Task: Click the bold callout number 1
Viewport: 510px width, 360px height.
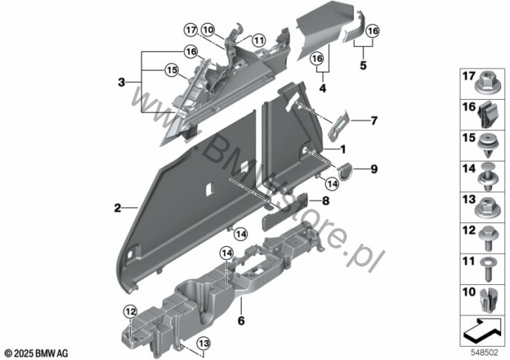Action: tap(343, 150)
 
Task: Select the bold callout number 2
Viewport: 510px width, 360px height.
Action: tap(117, 208)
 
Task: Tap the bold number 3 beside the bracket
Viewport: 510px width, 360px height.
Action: tap(121, 82)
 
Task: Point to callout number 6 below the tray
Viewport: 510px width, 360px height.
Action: tap(241, 321)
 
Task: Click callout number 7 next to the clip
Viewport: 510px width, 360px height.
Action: tap(374, 120)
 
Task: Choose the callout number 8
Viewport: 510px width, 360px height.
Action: tap(326, 201)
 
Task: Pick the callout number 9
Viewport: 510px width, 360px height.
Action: tap(374, 169)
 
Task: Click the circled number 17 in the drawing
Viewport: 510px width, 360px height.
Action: tap(191, 30)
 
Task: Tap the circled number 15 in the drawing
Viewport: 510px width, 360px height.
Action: tap(172, 70)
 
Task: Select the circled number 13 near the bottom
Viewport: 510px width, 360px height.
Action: tap(204, 344)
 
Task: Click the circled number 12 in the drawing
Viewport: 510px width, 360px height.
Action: tap(130, 312)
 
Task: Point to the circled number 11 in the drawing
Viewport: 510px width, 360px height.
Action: tap(259, 41)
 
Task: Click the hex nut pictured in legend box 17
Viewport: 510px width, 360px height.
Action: tap(487, 84)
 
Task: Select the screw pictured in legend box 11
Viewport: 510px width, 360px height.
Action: tap(488, 269)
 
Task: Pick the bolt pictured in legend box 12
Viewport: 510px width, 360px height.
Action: tap(487, 238)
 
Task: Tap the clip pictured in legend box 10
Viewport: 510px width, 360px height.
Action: tap(488, 300)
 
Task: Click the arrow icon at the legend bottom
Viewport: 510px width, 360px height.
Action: tap(482, 330)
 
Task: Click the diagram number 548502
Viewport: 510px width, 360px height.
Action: tap(485, 352)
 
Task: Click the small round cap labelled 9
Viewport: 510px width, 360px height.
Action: tap(345, 170)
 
